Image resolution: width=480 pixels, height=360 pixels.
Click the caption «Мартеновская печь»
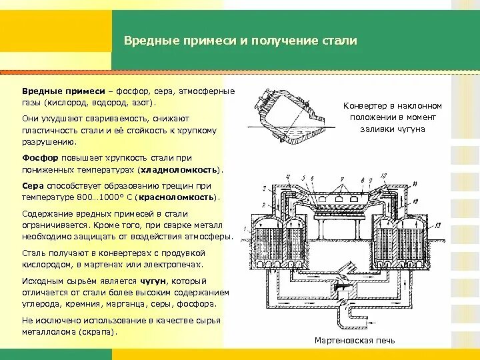point(355,341)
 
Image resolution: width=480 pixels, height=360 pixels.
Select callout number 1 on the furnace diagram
point(245,230)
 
